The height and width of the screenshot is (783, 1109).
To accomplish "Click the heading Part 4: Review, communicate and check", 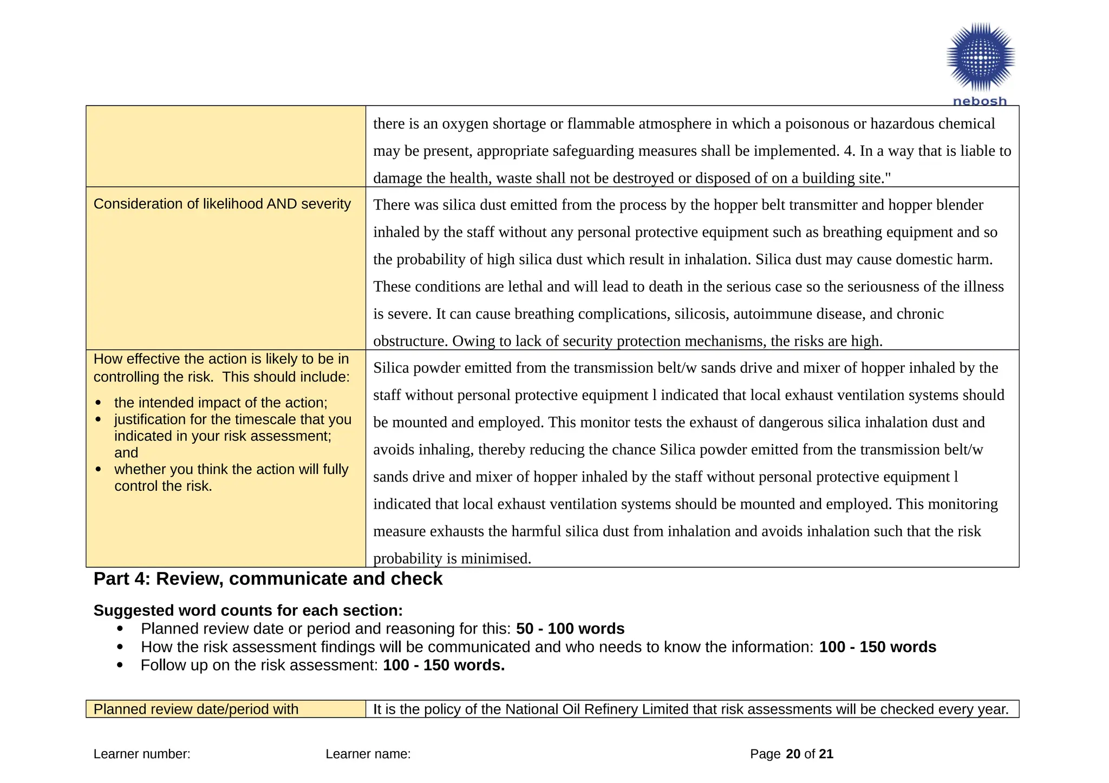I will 268,579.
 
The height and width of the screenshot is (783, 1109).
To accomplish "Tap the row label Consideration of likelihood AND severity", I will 222,204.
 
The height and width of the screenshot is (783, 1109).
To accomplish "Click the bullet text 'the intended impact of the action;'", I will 221,403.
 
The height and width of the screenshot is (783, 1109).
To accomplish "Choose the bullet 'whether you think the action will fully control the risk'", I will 231,477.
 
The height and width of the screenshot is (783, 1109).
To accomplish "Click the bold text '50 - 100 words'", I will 570,629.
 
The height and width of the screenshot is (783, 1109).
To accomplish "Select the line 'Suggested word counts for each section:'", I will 248,610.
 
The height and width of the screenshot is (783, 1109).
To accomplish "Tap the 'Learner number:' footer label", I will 142,754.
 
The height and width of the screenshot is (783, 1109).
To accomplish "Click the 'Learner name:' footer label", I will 368,754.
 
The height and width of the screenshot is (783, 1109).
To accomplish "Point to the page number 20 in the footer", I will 793,754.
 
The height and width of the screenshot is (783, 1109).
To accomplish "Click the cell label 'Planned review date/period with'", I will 196,709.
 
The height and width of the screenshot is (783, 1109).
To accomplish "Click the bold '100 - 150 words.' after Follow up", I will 443,665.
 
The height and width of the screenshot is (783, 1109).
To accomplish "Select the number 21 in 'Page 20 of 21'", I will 826,754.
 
